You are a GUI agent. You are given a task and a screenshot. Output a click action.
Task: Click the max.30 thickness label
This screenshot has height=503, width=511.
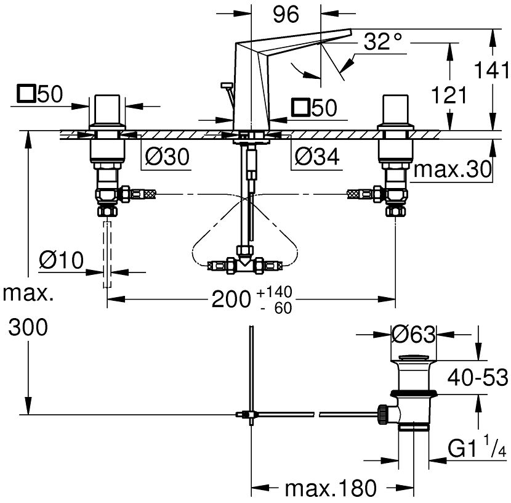tap(453, 170)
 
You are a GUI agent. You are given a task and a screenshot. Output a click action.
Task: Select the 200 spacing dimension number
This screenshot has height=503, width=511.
tap(231, 300)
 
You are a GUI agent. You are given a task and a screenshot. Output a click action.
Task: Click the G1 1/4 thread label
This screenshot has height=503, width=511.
tap(476, 446)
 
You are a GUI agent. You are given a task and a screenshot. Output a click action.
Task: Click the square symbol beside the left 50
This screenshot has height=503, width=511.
tap(26, 95)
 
